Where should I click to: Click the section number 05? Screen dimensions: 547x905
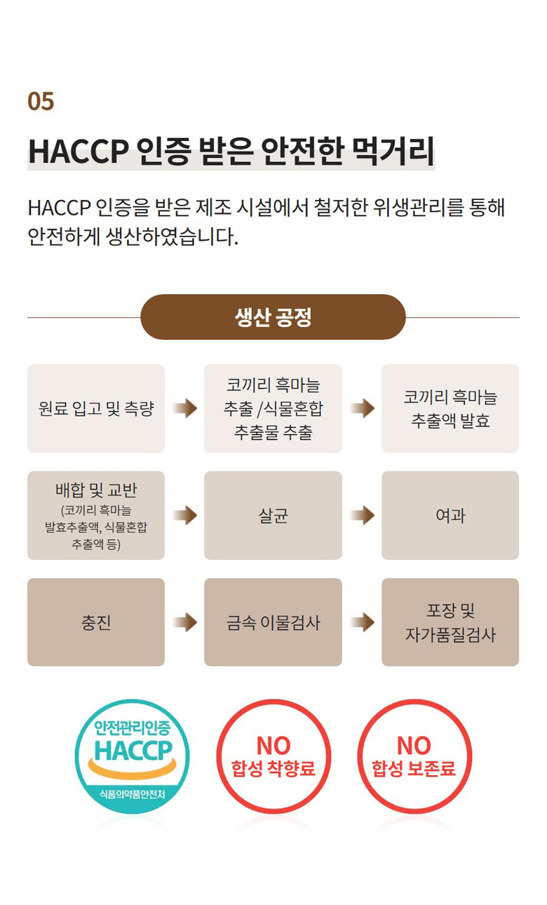pos(41,101)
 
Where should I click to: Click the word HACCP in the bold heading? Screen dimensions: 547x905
pos(79,152)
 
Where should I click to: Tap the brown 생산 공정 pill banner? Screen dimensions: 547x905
pos(273,317)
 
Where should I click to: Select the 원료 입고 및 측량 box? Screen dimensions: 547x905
pos(96,408)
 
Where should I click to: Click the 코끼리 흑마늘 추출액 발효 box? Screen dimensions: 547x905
pos(450,408)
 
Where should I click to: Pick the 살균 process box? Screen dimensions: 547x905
pos(273,515)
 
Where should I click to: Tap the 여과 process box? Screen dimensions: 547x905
pos(450,515)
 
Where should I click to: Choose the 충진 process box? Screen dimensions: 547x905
pos(96,622)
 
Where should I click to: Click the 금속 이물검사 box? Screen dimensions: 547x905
pos(273,622)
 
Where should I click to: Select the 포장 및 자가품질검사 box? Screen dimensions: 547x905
pos(450,622)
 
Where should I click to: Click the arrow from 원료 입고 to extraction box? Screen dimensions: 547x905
pos(185,408)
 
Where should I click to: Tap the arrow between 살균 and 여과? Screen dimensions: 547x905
pos(363,515)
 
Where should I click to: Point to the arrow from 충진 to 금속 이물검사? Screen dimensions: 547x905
pos(185,622)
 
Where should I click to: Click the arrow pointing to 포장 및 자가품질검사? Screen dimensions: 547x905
pos(363,622)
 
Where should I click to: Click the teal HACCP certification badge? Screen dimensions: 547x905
pos(132,757)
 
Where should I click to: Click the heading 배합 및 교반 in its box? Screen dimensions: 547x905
pos(96,490)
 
